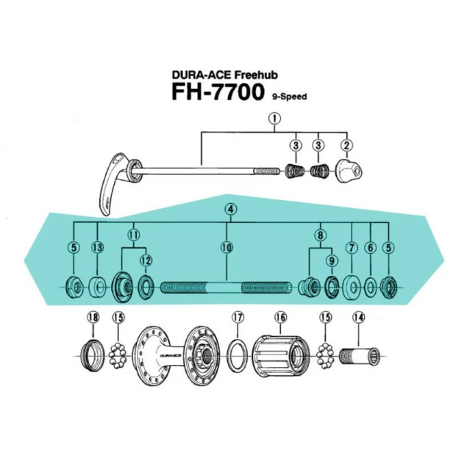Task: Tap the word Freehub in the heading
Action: pos(260,74)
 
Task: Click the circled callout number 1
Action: pos(274,118)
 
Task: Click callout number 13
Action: pos(98,248)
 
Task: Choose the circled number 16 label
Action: pos(279,318)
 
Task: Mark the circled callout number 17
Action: pos(237,318)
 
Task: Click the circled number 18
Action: pos(93,318)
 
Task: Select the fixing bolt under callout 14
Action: pos(360,356)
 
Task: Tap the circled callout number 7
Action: pos(352,248)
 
